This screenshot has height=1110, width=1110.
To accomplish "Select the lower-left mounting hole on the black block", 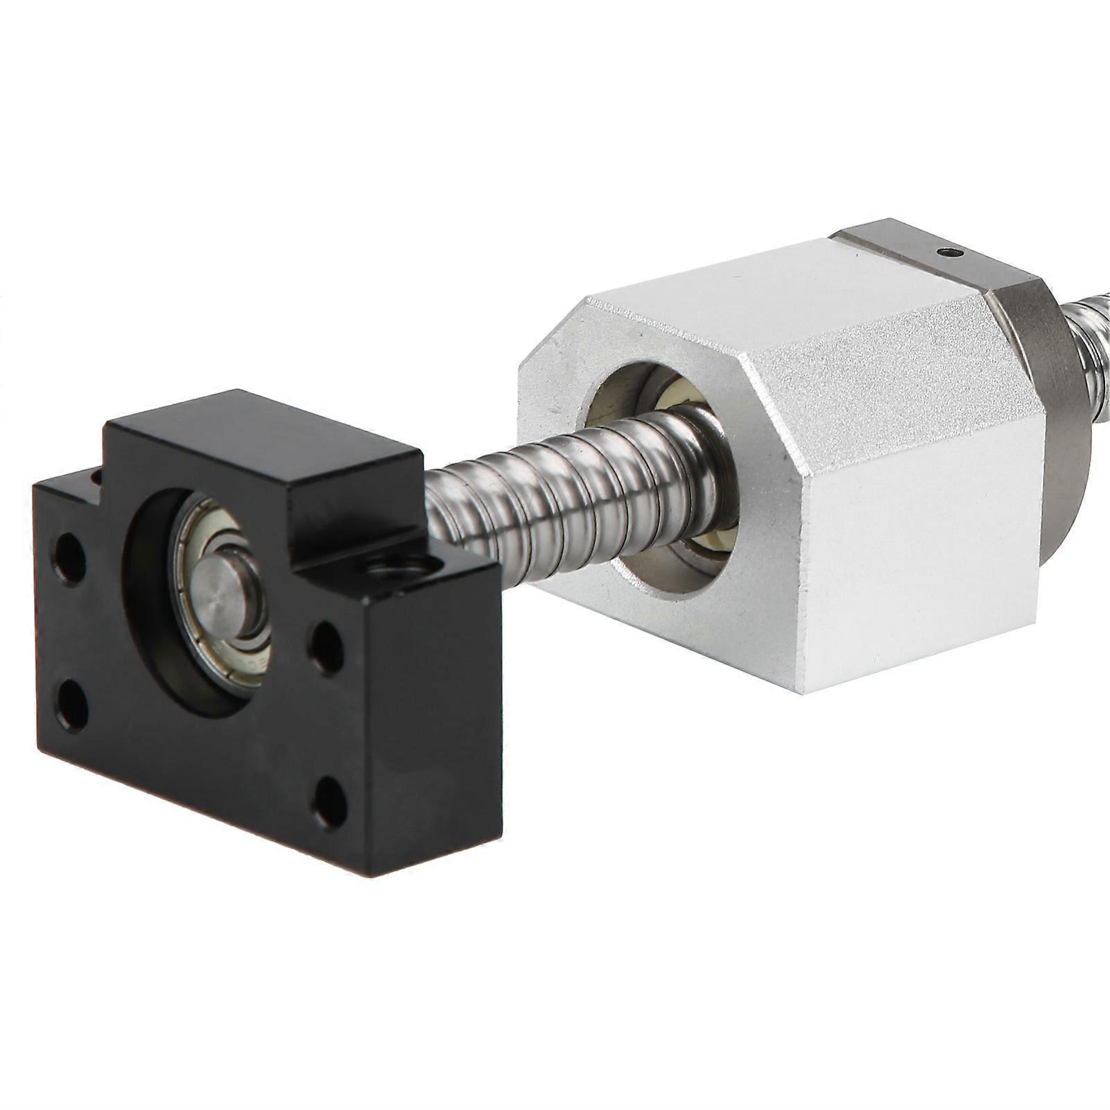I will coord(72,705).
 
